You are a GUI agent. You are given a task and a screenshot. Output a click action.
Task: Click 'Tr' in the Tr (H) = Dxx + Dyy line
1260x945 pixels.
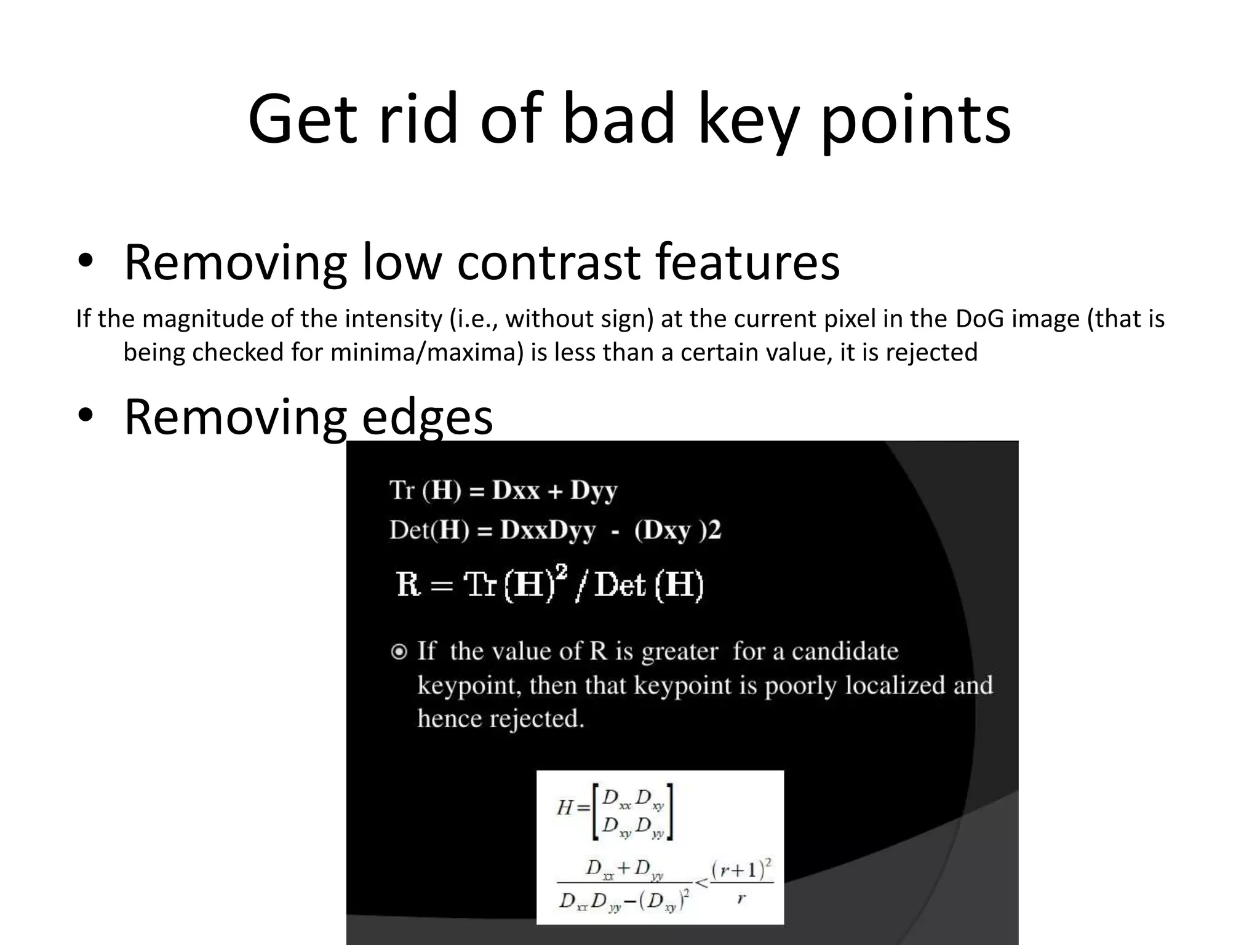point(402,490)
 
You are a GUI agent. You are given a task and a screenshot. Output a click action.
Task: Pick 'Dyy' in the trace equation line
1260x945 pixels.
point(593,490)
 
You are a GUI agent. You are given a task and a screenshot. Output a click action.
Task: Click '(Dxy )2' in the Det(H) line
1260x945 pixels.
point(677,530)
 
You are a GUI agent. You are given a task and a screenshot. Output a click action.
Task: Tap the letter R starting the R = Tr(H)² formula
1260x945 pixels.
point(408,584)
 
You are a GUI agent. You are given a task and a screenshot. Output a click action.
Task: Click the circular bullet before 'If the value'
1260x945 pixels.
point(399,652)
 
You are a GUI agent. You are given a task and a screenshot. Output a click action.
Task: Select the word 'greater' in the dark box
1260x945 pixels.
point(679,652)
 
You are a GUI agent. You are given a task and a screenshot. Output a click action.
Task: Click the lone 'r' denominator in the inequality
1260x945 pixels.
point(741,898)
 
